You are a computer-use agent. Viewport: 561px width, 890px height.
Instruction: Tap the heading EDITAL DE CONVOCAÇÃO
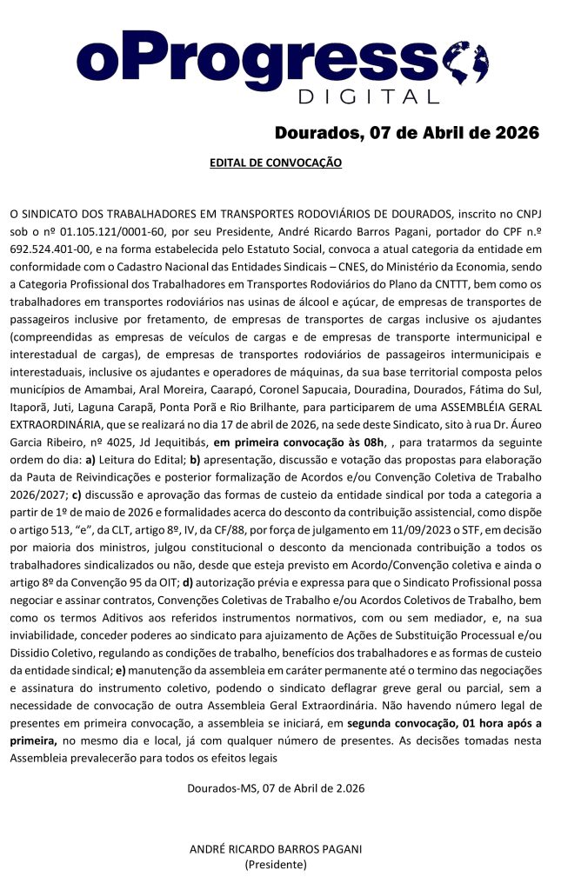point(276,163)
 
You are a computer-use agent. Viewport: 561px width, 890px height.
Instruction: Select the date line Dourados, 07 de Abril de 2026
point(407,133)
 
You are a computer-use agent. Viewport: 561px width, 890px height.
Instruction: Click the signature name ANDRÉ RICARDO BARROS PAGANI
point(276,849)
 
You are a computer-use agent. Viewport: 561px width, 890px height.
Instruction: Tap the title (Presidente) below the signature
point(276,865)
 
